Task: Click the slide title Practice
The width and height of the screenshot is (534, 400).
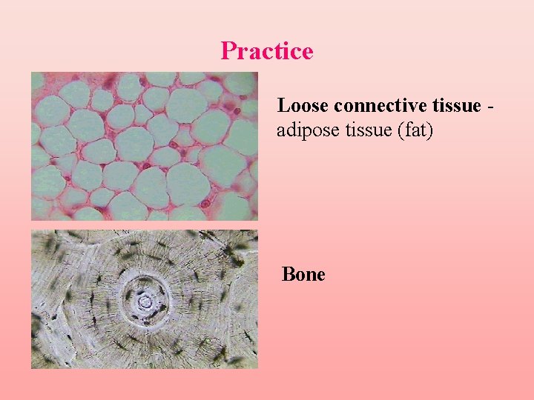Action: tap(267, 51)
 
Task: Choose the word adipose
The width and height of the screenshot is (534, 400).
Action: tap(303, 132)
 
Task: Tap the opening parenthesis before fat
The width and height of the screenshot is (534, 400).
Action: tap(400, 132)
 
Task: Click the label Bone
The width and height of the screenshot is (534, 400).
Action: tap(303, 275)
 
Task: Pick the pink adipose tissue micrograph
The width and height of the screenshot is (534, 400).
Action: tap(144, 146)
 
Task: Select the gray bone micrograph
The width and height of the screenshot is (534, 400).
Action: tap(144, 299)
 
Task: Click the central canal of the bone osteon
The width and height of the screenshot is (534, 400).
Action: tap(146, 301)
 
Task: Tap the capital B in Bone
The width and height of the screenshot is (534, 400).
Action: tap(289, 275)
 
